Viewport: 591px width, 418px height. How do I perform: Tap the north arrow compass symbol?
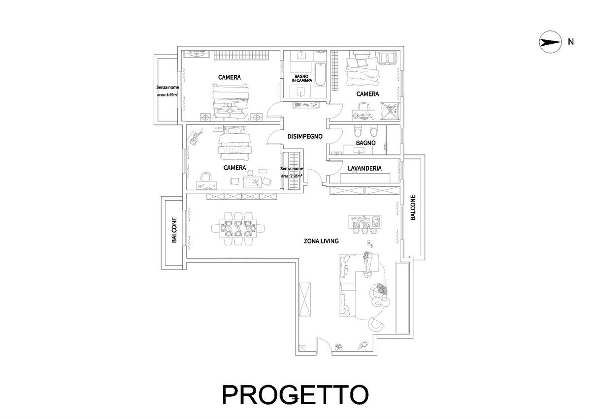550,42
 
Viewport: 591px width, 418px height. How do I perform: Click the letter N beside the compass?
571,42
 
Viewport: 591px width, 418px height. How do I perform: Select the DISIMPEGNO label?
305,136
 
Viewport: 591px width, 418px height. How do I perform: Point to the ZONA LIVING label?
321,241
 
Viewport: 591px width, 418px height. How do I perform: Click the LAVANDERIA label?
364,168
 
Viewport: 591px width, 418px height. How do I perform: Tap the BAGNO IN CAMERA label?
302,78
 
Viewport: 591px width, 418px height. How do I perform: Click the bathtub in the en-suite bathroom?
320,74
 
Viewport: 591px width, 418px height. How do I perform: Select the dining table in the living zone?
238,229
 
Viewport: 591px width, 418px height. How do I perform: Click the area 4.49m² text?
167,95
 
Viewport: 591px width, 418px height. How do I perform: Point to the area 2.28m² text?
292,176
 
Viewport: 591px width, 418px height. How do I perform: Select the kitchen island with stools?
364,224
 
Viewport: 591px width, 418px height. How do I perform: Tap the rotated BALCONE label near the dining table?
174,230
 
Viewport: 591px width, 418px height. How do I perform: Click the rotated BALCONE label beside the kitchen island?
413,208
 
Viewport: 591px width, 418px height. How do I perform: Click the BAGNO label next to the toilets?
365,143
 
